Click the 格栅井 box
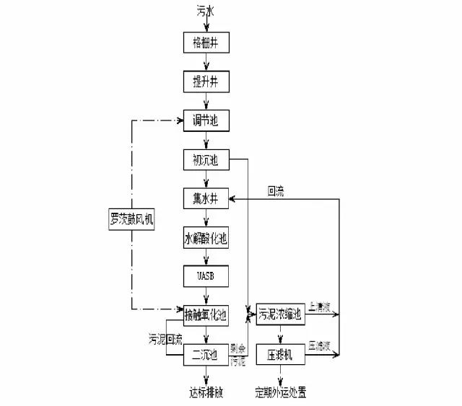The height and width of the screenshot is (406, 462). click(206, 43)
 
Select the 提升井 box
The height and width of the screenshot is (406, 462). click(206, 81)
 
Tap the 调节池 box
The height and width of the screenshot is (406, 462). click(206, 120)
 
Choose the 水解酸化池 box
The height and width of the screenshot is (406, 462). click(206, 237)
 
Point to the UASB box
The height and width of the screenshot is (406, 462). click(206, 276)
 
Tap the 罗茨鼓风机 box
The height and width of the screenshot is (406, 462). click(131, 218)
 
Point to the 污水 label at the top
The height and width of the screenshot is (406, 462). click(206, 12)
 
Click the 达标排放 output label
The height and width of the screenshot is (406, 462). click(206, 394)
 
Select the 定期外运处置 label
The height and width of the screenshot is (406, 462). click(282, 394)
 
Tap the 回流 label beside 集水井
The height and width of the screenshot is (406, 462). click(276, 192)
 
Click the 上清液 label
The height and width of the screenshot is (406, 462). click(319, 307)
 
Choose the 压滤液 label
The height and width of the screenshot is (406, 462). click(319, 346)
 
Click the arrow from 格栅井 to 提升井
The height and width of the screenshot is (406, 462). click(206, 62)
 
